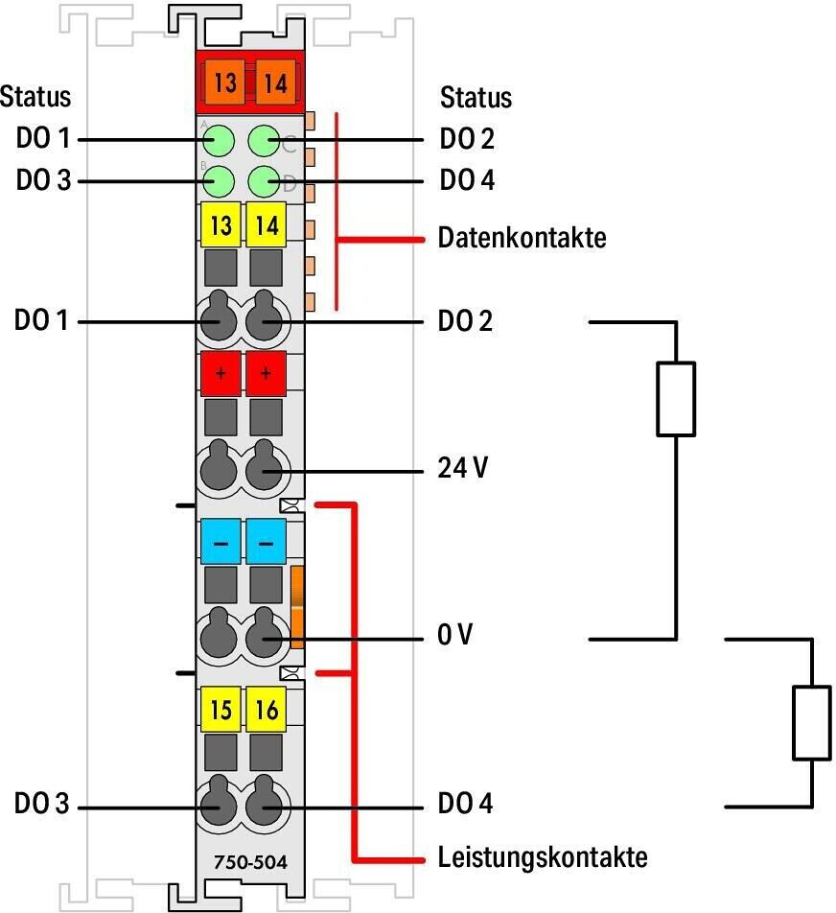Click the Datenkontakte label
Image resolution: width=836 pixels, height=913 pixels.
click(522, 238)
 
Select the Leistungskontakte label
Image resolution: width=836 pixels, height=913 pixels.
click(542, 856)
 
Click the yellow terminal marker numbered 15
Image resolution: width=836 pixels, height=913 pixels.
click(221, 711)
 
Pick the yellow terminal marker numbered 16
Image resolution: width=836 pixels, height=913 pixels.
click(267, 711)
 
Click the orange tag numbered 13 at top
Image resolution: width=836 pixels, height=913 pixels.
click(224, 82)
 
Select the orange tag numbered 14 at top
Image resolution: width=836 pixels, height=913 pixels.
click(273, 82)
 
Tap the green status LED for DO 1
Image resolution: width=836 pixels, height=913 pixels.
click(220, 141)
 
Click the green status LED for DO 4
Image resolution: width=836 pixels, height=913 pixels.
click(265, 181)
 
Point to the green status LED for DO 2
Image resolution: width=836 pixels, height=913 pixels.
click(265, 141)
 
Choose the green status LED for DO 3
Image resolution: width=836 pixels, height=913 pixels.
click(220, 181)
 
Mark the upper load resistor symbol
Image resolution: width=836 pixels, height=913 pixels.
click(676, 398)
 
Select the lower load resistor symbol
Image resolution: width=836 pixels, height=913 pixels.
click(811, 721)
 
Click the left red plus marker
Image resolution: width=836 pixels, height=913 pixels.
click(221, 373)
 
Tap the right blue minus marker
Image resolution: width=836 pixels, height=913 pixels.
click(267, 543)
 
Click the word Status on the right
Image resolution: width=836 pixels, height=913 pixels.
click(476, 98)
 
